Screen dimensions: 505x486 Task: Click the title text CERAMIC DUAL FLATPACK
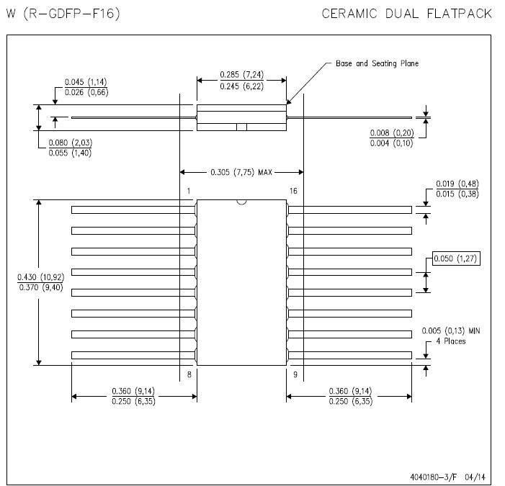tap(407, 14)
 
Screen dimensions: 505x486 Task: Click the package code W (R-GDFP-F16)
tap(63, 14)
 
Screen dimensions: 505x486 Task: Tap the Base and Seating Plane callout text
tap(377, 63)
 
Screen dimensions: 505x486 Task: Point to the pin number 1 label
tap(189, 191)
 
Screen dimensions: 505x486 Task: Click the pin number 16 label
tap(293, 191)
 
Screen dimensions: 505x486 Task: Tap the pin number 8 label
tap(189, 374)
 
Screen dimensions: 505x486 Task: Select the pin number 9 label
tap(295, 374)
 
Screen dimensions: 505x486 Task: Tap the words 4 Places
tap(451, 341)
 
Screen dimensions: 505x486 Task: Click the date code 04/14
tap(475, 477)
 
